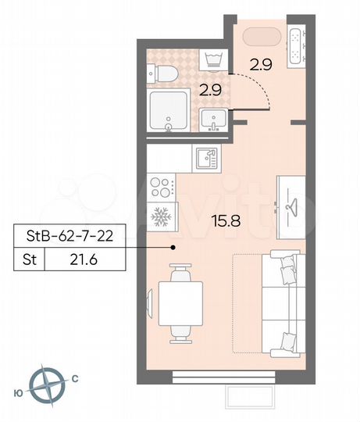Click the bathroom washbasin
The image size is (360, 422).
213,120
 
